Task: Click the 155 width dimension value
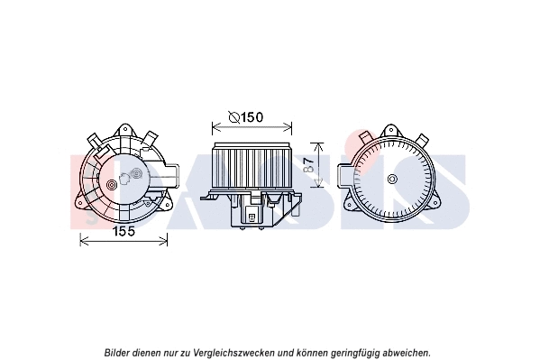pyautogui.click(x=124, y=231)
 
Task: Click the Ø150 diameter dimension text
pyautogui.click(x=247, y=117)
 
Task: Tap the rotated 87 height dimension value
pyautogui.click(x=309, y=165)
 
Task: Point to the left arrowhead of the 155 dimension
pyautogui.click(x=83, y=239)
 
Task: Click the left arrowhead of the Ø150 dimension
pyautogui.click(x=213, y=125)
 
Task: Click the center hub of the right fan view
pyautogui.click(x=392, y=179)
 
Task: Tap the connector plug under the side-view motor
pyautogui.click(x=250, y=213)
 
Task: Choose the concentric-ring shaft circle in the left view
pyautogui.click(x=112, y=187)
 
